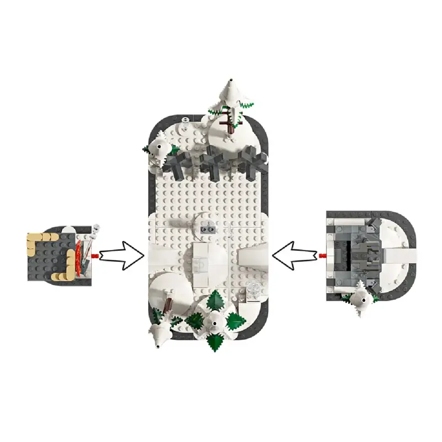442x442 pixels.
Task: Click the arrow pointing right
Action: (122, 255)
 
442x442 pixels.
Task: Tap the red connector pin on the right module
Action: (323, 255)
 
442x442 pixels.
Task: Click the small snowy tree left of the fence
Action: (160, 149)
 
